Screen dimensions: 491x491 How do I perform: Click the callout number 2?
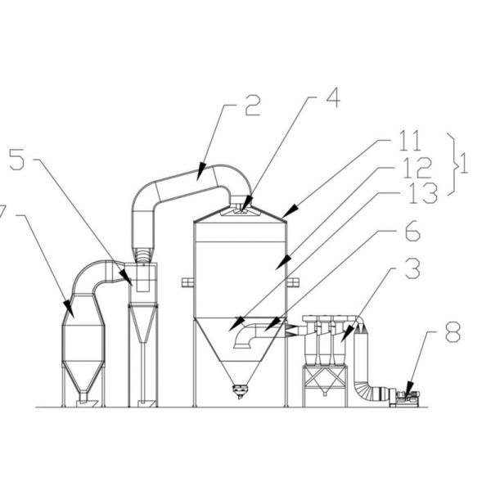click(x=252, y=106)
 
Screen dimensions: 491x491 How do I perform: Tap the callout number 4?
click(x=333, y=97)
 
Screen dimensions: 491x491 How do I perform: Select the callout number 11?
click(x=410, y=141)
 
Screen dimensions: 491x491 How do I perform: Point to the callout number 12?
click(x=417, y=168)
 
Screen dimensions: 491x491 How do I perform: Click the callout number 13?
click(x=423, y=193)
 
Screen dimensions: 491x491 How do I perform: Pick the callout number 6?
click(x=412, y=231)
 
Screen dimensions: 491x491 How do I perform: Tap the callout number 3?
click(x=412, y=268)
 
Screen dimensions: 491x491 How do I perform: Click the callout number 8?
click(x=453, y=332)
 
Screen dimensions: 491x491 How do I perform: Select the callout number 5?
click(x=16, y=160)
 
